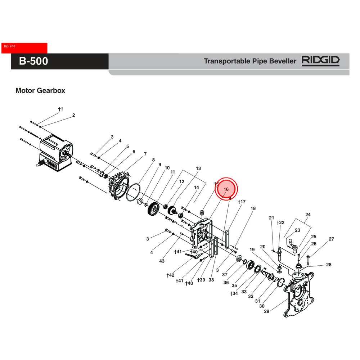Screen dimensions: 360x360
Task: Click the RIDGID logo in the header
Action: coord(320,61)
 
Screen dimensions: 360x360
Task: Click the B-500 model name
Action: coord(33,61)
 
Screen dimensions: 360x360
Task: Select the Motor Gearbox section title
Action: coord(40,91)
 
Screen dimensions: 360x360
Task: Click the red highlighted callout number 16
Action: coord(226,189)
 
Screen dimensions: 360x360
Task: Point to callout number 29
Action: coord(267,311)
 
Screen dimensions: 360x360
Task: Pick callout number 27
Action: coord(331,239)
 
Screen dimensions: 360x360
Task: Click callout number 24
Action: coord(308,215)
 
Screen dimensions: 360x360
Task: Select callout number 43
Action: coord(162,261)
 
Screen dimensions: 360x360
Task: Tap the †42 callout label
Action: coord(170,275)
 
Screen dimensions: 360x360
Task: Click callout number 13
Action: coord(198,168)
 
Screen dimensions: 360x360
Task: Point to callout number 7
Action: coord(145,154)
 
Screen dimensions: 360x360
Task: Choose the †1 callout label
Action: coord(60,109)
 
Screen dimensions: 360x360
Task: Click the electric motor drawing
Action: coord(56,153)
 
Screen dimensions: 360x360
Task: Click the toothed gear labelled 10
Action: coord(154,209)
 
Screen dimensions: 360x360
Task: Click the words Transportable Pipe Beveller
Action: coord(250,61)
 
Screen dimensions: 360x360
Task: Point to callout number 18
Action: coord(253,208)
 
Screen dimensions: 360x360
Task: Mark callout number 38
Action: coord(211,280)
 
